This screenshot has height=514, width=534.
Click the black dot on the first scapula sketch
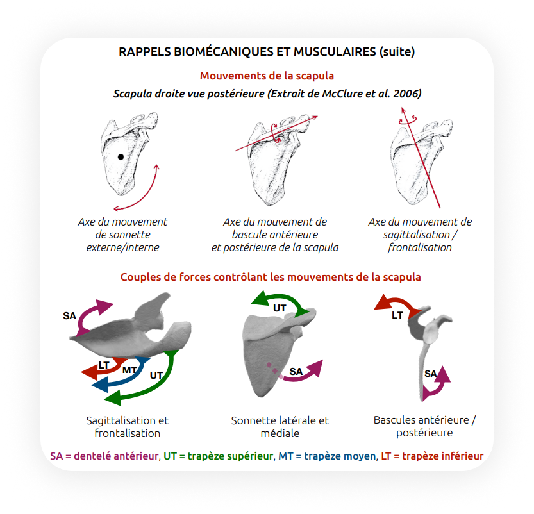pyautogui.click(x=121, y=157)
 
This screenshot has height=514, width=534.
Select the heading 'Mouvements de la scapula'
pyautogui.click(x=267, y=76)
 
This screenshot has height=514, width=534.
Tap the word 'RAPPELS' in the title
pyautogui.click(x=146, y=52)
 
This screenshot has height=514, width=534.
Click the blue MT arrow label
pyautogui.click(x=129, y=370)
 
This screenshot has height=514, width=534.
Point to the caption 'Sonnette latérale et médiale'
pyautogui.click(x=280, y=427)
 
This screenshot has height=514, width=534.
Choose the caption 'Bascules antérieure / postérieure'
pyautogui.click(x=425, y=426)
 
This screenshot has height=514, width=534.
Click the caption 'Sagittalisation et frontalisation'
pyautogui.click(x=128, y=427)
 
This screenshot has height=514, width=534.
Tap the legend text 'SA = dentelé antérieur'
pyautogui.click(x=104, y=456)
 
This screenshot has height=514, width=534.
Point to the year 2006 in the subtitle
pyautogui.click(x=409, y=94)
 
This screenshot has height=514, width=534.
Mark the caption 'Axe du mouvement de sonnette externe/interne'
pyautogui.click(x=122, y=235)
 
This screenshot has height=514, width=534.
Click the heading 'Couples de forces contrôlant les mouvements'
pyautogui.click(x=271, y=278)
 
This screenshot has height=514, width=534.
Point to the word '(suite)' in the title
pyautogui.click(x=397, y=52)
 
